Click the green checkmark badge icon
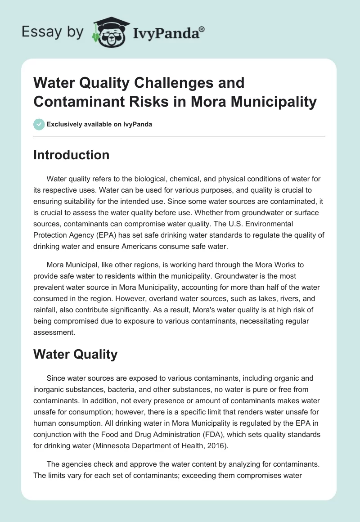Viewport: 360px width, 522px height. (x=39, y=124)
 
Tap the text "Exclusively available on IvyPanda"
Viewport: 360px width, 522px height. (x=99, y=124)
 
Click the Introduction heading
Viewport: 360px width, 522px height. (x=72, y=155)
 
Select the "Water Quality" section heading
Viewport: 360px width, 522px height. (x=75, y=354)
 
